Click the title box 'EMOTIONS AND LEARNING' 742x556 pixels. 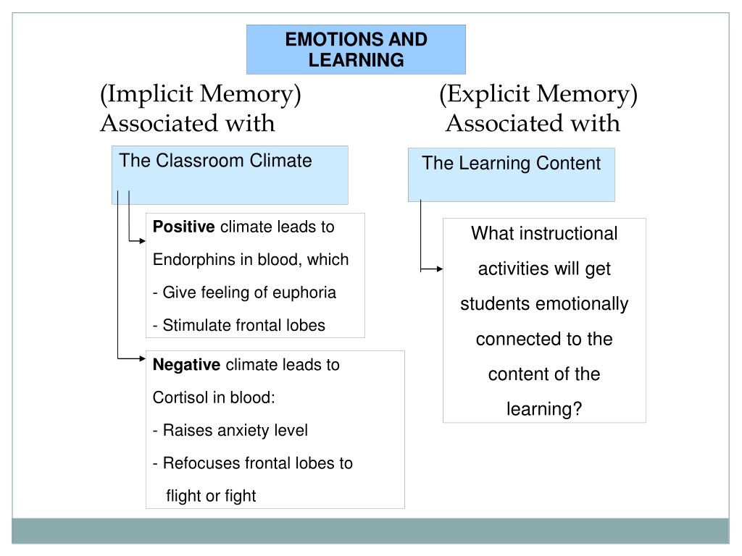[356, 49]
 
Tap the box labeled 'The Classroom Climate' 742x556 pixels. [230, 174]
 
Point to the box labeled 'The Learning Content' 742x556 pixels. [511, 174]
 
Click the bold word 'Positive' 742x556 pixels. [184, 227]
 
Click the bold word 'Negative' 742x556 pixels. [187, 365]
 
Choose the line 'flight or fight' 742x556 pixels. [211, 496]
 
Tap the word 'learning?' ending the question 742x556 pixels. [544, 409]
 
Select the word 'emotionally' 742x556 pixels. [582, 304]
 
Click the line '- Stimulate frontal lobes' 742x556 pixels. [239, 325]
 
